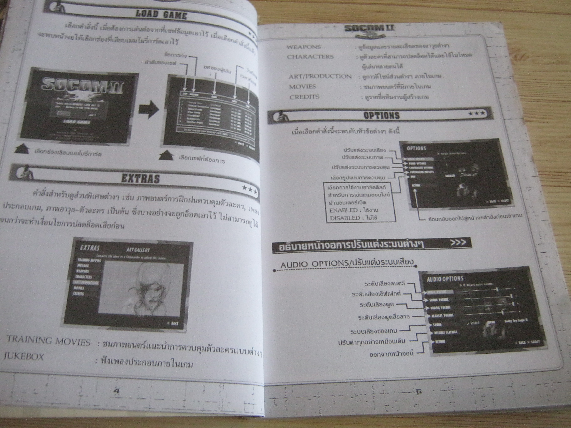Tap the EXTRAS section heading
tap(140, 178)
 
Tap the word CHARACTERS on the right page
tap(310, 57)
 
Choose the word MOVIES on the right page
tap(303, 87)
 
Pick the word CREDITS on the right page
tap(304, 97)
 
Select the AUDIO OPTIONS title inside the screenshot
tap(445, 278)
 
